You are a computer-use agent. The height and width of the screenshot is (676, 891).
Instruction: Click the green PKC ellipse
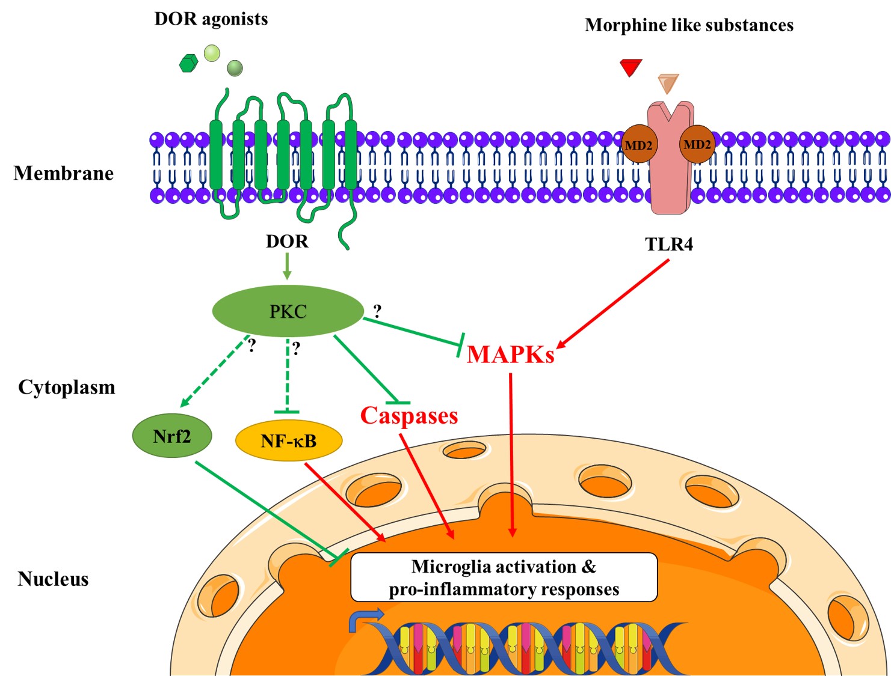point(288,311)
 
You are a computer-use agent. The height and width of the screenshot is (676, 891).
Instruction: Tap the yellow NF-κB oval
point(289,440)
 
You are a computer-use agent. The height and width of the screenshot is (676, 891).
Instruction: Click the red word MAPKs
point(510,354)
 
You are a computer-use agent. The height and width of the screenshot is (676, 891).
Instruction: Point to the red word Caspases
point(409,415)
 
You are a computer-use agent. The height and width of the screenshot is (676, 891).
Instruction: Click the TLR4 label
point(669,244)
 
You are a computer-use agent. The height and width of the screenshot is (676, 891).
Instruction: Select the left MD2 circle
point(638,144)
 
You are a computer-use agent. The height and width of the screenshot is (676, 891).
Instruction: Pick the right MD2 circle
point(697,144)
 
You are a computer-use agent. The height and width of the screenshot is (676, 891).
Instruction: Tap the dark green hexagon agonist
point(189,63)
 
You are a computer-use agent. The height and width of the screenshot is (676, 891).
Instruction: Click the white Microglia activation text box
point(504,577)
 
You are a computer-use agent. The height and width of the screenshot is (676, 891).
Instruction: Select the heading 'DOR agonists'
point(211,19)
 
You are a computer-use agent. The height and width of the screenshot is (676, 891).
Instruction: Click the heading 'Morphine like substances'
point(689,25)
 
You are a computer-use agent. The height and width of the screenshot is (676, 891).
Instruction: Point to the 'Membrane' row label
point(63,173)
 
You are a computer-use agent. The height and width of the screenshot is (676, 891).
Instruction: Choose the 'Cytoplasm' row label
point(67,388)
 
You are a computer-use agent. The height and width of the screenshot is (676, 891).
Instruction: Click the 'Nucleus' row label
point(53,579)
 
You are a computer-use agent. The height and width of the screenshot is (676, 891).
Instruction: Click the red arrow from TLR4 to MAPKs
point(612,304)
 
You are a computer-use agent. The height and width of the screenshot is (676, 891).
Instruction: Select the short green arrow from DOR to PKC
point(287,266)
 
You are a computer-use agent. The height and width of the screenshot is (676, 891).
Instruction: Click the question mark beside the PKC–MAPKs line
point(377,311)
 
